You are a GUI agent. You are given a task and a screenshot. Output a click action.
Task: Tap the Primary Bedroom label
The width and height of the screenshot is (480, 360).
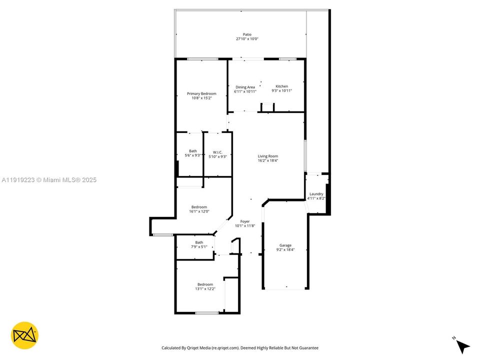pos(201,93)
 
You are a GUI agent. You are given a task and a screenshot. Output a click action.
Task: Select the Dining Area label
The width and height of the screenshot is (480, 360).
pos(245,87)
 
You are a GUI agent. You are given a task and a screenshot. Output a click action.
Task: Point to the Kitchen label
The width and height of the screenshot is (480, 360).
pos(281,86)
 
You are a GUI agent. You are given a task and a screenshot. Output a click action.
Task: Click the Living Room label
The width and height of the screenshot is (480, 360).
pos(267,156)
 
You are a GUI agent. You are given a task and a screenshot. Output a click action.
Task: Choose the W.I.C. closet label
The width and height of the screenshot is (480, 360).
pos(217,152)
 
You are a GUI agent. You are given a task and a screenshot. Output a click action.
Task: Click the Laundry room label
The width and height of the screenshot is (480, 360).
pos(316,194)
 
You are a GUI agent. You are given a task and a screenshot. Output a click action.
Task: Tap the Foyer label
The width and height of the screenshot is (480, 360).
pos(245,221)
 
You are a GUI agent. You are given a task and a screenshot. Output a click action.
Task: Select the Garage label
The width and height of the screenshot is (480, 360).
pos(285,245)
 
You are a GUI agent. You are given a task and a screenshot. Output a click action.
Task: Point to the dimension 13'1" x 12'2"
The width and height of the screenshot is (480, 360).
pos(205,289)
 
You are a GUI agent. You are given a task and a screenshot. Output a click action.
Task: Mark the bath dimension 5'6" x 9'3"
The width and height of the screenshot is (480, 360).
pos(192,156)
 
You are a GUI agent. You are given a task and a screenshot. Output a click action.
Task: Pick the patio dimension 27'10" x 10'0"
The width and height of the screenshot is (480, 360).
pos(247,39)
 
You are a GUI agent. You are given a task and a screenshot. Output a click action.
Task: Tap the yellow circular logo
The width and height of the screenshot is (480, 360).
pos(25,335)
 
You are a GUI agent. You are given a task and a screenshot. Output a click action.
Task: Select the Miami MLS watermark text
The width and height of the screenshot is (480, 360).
pos(49,180)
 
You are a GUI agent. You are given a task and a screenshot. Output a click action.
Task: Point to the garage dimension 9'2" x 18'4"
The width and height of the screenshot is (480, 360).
pos(285,249)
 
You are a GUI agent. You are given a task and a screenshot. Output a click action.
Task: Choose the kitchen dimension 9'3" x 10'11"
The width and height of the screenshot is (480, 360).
pos(281,91)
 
